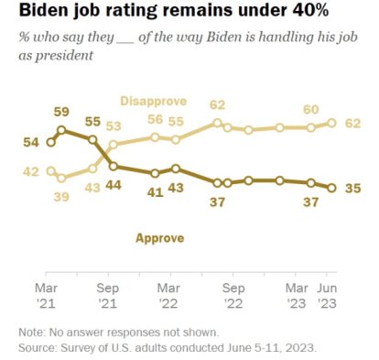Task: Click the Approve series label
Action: pos(159,237)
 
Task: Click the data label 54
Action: pos(31,142)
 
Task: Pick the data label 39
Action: pos(63,195)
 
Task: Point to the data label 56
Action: pos(156,119)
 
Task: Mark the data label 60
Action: pos(310,110)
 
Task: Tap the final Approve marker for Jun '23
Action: pos(331,188)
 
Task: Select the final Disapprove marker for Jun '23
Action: pos(331,123)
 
